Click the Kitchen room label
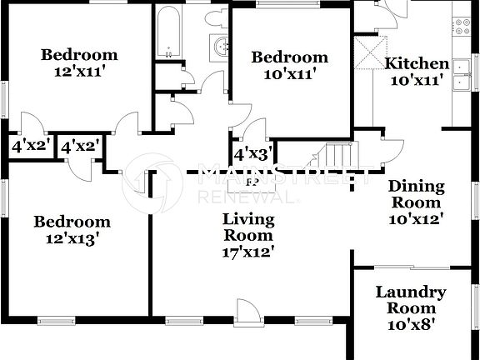click(417, 64)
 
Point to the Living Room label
click(248, 227)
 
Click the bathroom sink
click(222, 47)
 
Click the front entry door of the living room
click(247, 312)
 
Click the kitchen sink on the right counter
click(459, 82)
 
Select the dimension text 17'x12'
click(248, 250)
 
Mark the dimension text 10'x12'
click(415, 219)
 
